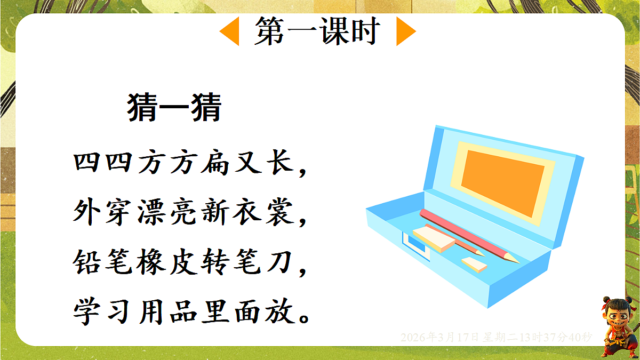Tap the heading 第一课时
click(x=317, y=31)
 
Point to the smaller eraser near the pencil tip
click(x=474, y=264)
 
